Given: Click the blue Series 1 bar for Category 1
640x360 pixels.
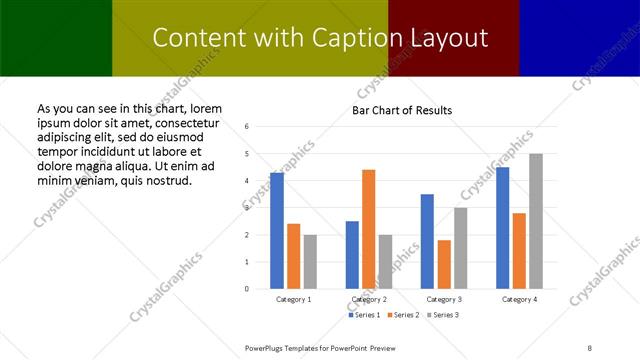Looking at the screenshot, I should point(277,231).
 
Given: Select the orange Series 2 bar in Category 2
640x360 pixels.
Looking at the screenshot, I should point(369,229).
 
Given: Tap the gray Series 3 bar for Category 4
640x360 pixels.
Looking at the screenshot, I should point(536,221).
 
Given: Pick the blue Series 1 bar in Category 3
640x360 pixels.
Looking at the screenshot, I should point(427,241).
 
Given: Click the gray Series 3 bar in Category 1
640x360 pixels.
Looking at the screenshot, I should point(310,262).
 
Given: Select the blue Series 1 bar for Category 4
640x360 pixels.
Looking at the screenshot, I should point(502,228).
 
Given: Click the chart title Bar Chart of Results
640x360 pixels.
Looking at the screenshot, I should point(403,110).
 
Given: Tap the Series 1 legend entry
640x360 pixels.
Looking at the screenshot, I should point(364,315).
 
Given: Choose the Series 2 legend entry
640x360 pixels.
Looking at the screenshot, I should point(404,315).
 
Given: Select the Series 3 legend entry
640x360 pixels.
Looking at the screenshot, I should point(444,315).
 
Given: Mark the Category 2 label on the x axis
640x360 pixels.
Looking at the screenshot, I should point(369,299).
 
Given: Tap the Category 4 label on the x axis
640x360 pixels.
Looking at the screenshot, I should point(519,299).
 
